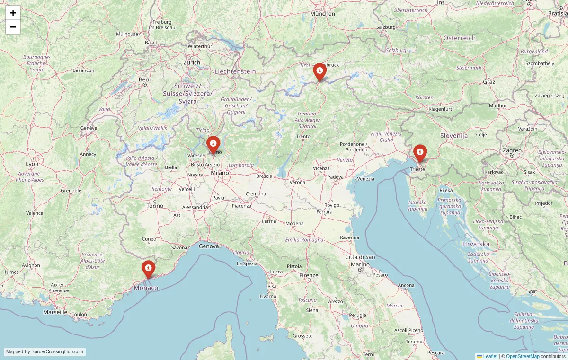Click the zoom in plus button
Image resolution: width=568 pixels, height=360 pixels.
13,13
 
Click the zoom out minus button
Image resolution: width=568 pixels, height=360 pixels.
13,27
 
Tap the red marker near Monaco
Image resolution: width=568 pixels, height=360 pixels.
148,269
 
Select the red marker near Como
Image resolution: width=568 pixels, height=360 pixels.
213,144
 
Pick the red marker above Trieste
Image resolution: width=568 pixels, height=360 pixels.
420,153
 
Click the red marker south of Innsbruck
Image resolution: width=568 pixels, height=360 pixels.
319,71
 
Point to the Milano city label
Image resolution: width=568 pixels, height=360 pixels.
220,173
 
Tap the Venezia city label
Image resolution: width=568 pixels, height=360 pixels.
365,179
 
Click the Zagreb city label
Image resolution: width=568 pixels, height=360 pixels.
512,150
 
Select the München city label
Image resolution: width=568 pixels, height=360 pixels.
322,14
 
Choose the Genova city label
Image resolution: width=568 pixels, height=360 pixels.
209,246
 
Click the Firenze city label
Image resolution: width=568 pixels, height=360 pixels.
309,275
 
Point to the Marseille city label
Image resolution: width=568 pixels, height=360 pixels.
55,312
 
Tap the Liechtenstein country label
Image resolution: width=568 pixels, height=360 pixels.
235,71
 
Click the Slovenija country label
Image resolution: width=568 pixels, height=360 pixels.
454,136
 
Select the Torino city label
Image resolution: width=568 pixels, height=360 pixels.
155,206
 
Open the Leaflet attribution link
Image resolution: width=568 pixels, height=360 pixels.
490,356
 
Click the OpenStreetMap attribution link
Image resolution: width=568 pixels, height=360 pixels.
523,356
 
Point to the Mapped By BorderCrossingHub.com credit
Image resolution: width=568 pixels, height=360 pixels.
45,352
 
